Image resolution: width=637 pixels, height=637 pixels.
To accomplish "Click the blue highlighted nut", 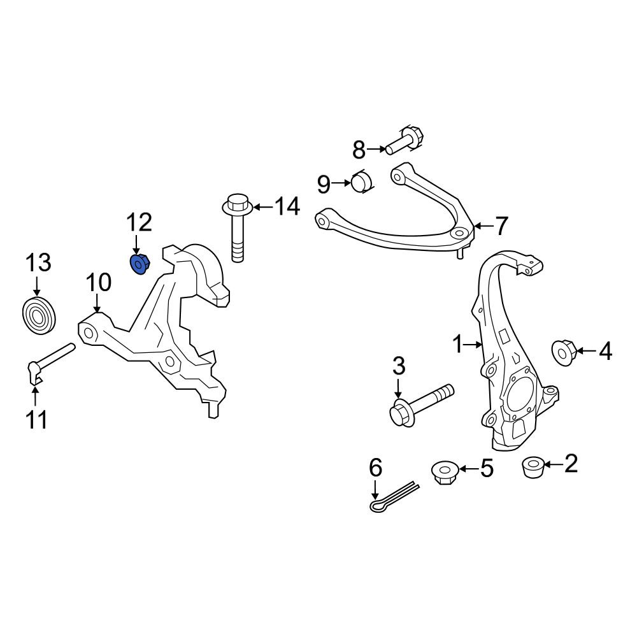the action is point(140,264).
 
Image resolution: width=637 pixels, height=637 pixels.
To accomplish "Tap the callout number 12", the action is point(140,222).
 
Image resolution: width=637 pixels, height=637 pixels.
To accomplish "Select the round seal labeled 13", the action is point(39,316).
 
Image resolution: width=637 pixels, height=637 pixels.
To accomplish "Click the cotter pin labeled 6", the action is point(394,496).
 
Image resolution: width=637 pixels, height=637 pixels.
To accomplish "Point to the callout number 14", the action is point(287,206).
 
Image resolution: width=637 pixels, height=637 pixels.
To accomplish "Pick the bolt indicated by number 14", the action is point(237,227).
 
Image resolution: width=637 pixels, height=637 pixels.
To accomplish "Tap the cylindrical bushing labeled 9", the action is point(362,182).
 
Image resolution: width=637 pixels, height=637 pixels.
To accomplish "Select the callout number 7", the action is point(501,226).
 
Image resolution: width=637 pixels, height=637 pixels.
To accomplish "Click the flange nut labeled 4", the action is point(564,353).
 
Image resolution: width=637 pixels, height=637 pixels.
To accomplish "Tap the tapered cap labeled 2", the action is point(533,467).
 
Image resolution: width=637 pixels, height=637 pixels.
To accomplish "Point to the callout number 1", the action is point(458,345).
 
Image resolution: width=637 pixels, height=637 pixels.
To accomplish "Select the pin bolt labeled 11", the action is point(51,362).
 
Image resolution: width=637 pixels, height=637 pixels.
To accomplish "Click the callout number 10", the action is point(98,282).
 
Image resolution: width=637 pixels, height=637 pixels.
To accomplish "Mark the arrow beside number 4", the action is point(586,350).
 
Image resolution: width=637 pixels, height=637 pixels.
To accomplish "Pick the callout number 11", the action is point(36,420).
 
